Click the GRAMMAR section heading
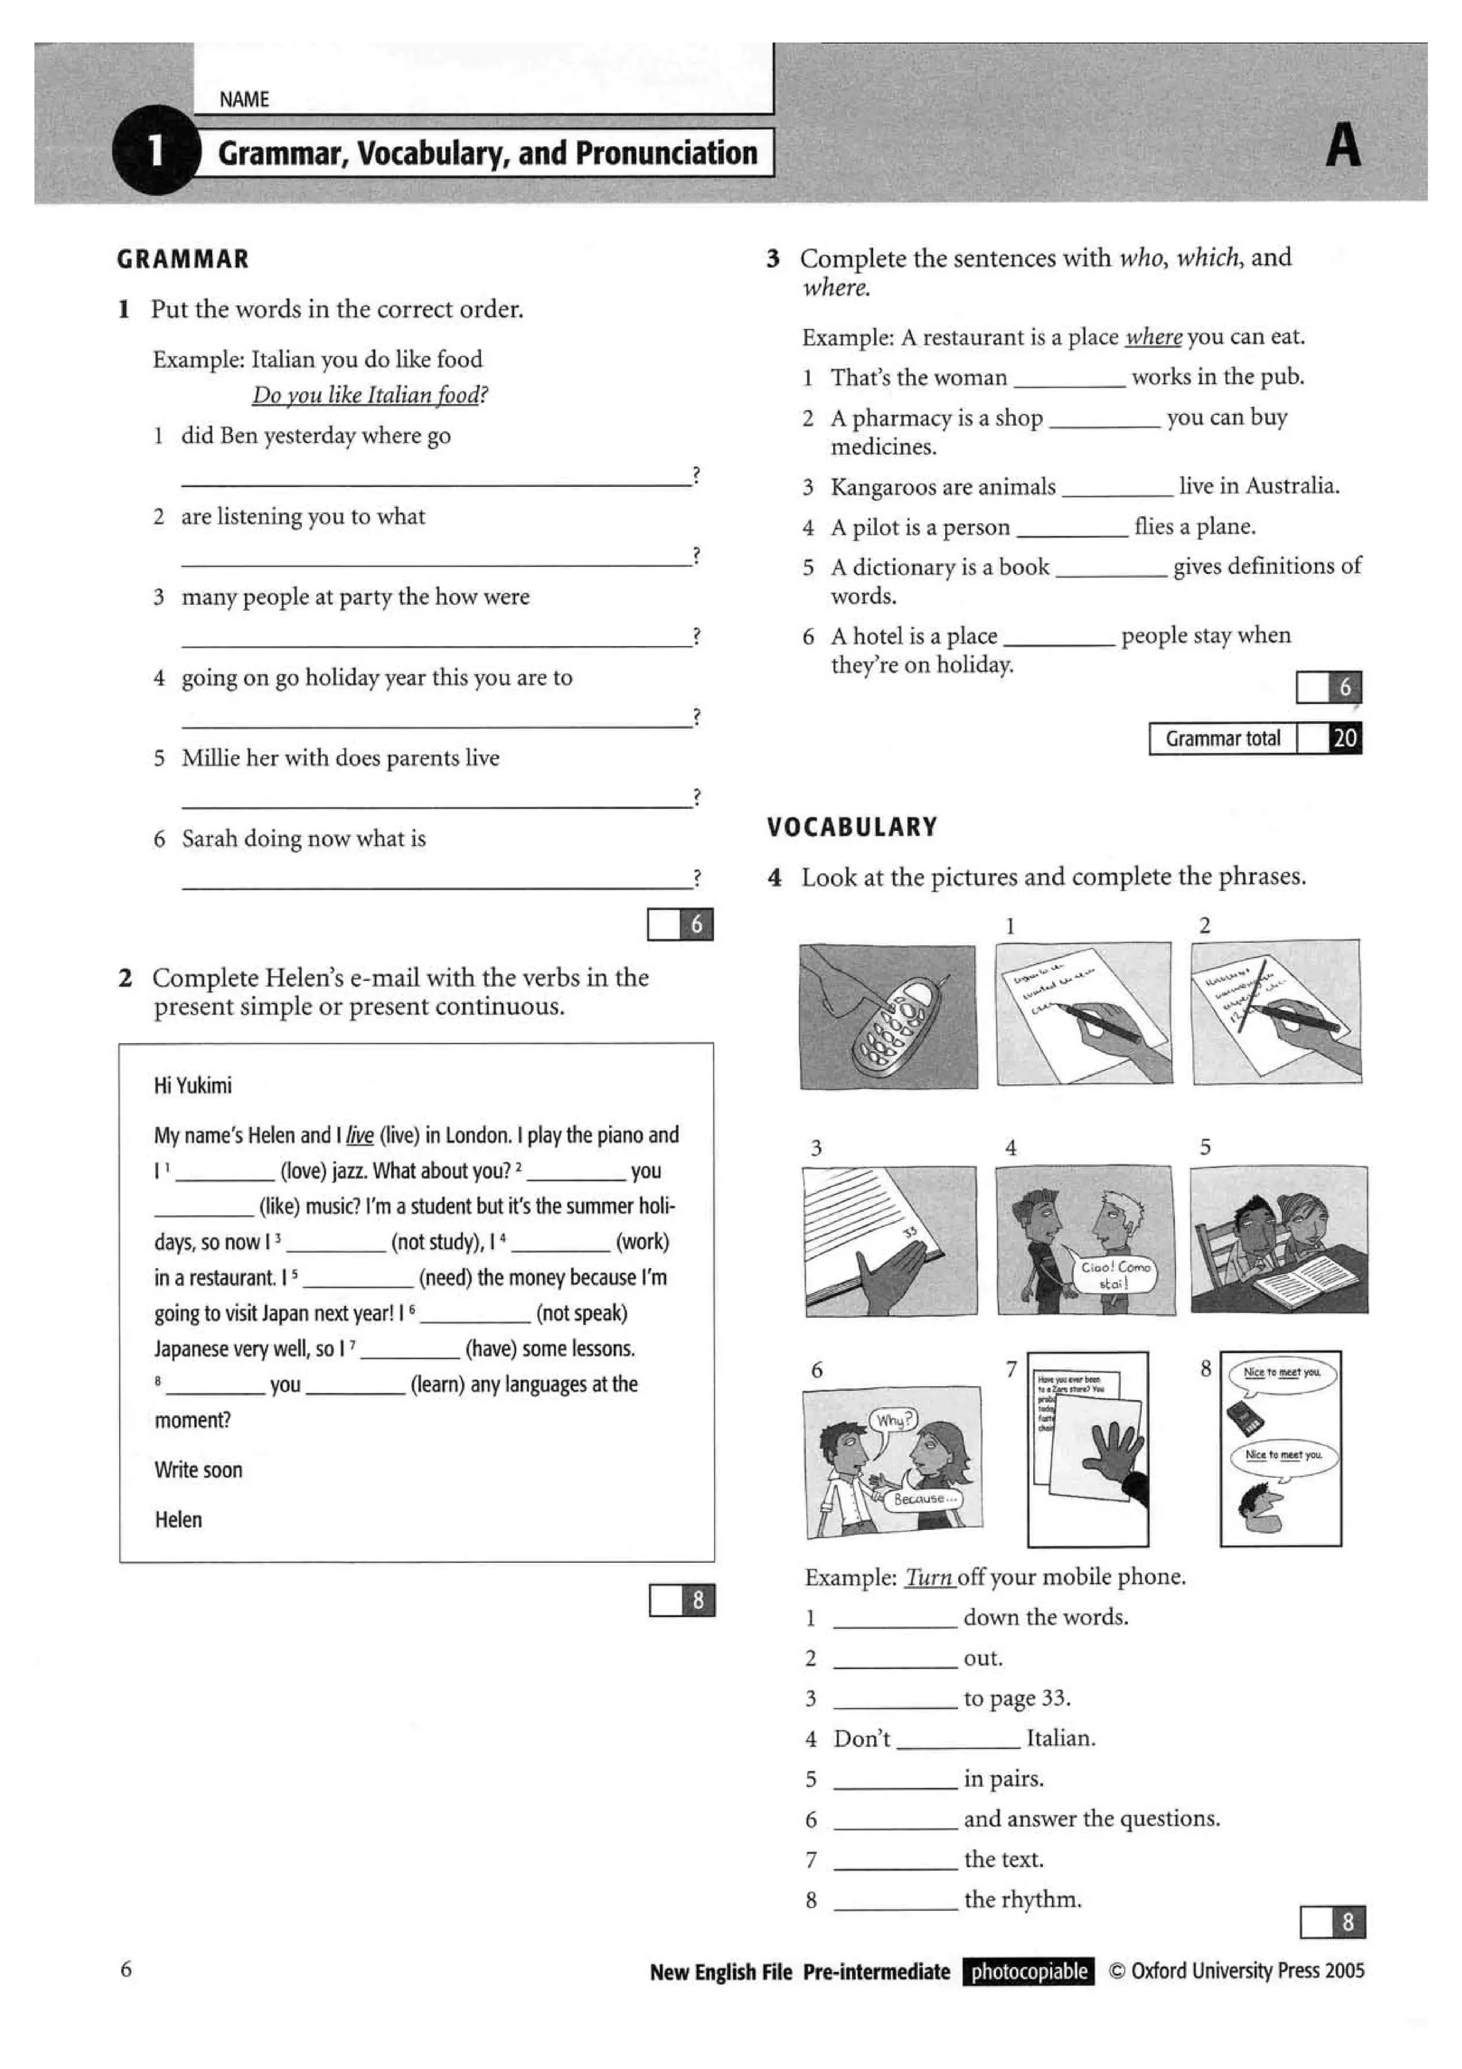pos(183,260)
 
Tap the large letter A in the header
pos(1342,146)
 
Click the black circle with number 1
pos(155,151)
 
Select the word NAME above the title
pos(244,99)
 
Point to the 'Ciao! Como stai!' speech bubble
pos(1114,1274)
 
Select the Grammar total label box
pos(1222,739)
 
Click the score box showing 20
pos(1344,739)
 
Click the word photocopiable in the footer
pos(1029,1972)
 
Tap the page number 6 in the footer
pos(126,1969)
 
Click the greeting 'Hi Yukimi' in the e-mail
pos(193,1085)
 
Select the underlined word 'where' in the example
pos(1153,337)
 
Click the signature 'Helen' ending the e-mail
pos(178,1520)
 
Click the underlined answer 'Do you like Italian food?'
pos(369,396)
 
